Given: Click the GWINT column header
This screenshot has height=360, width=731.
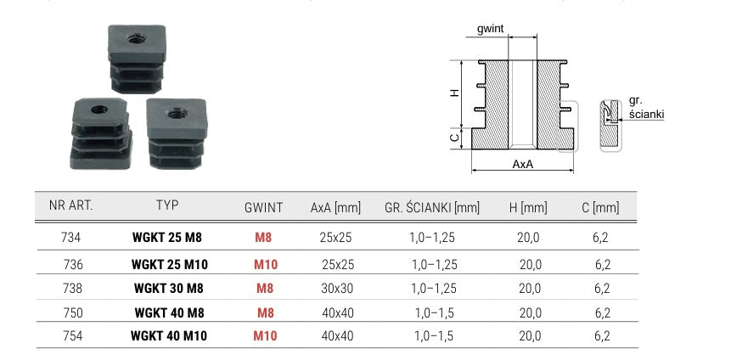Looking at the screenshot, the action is [263, 207].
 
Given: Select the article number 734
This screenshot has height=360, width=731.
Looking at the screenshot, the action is [70, 238].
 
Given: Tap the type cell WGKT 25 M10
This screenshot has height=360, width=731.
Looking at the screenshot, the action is [170, 265].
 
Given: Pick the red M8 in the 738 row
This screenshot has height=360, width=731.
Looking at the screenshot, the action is [265, 288].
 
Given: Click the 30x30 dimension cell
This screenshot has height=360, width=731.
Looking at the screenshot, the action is [337, 288].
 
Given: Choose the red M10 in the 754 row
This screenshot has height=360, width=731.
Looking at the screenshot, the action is [265, 335].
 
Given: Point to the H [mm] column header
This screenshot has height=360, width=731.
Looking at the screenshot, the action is [528, 207].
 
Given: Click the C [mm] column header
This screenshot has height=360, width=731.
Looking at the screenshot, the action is [600, 207].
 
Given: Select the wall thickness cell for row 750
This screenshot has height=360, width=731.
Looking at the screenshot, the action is [435, 312].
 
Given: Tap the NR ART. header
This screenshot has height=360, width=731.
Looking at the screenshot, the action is [70, 205].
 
